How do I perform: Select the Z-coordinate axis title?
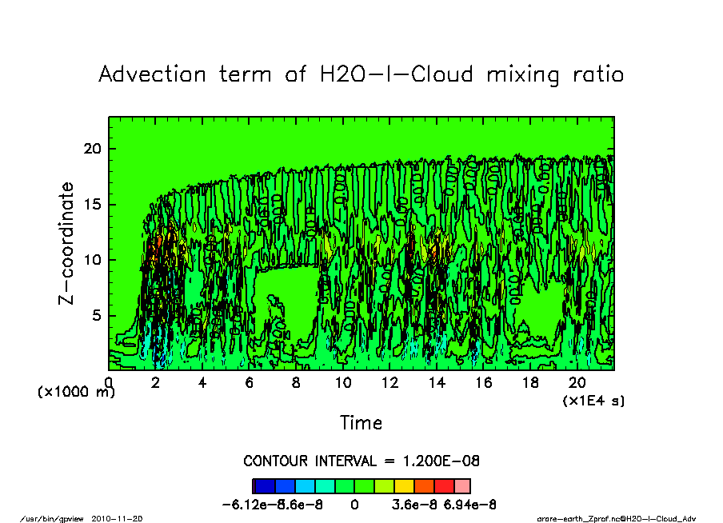[67, 242]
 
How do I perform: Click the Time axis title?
[361, 422]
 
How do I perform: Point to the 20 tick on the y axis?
[93, 149]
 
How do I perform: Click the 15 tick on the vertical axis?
[93, 205]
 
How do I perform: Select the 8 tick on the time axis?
[296, 383]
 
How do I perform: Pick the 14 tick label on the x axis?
[437, 383]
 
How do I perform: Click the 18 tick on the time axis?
[530, 383]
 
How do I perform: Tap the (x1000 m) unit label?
[76, 392]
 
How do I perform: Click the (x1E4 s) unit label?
[593, 400]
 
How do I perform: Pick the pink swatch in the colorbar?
[462, 486]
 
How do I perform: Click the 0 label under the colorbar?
[354, 505]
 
